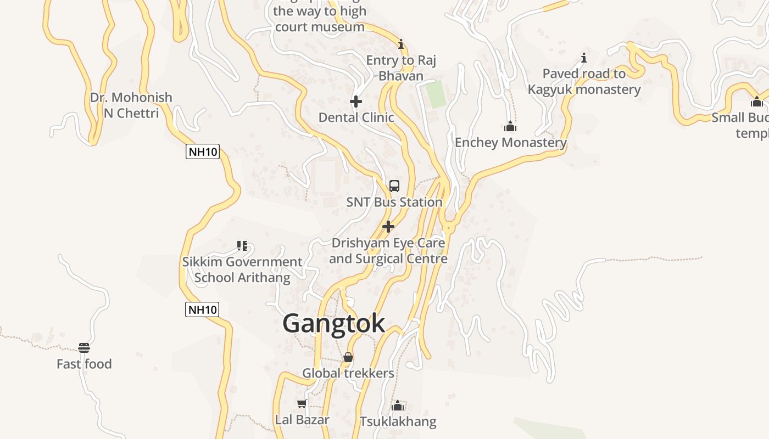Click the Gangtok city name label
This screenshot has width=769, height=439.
coord(333,324)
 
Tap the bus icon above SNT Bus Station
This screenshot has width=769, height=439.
coord(394,186)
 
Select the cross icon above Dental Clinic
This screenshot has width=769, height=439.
coord(356,102)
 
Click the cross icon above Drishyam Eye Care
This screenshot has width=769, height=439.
coord(388,227)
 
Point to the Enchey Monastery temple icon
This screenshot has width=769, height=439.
coord(510,127)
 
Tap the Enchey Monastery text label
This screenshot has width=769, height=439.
coord(510,143)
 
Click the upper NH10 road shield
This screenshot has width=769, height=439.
coord(203,152)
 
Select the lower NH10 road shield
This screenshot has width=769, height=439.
coord(203,309)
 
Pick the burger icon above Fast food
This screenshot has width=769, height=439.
coord(84,348)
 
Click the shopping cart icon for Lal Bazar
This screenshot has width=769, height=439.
coord(302,404)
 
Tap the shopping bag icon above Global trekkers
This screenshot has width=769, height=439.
coord(348,358)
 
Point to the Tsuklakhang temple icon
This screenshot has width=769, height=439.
coord(398,406)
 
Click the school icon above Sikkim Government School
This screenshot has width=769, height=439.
coord(242,245)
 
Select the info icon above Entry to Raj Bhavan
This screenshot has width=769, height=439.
coord(401,44)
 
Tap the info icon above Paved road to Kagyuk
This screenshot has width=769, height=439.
coord(584,58)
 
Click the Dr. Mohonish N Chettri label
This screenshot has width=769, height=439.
coord(131,105)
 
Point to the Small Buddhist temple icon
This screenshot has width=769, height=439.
coord(757,102)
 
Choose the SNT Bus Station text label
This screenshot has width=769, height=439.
coord(394,202)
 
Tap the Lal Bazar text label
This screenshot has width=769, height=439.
coord(302,420)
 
